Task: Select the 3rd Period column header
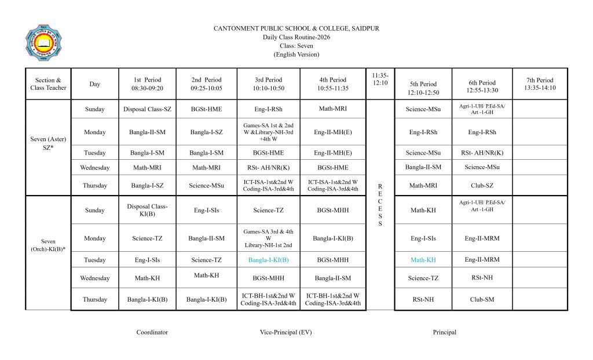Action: coord(268,84)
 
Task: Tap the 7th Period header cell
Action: coord(540,84)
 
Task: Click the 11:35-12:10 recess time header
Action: coord(380,79)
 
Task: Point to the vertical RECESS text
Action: coord(380,205)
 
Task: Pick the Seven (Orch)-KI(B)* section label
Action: coord(49,245)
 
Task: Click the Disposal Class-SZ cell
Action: coord(147,109)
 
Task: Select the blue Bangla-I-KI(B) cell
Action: coord(268,260)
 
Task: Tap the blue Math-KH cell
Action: coord(423,260)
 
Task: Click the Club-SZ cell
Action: coord(482,186)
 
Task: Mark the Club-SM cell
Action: coord(482,300)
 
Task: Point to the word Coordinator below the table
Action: coord(152,332)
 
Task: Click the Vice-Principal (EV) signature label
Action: coord(286,332)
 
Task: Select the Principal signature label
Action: coord(444,332)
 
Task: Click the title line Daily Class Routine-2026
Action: coord(296,37)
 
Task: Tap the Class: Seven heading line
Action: coord(296,46)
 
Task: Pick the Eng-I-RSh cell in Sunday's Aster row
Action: coord(268,109)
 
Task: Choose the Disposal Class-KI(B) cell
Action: coord(147,210)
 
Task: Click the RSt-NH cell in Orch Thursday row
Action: coord(423,300)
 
